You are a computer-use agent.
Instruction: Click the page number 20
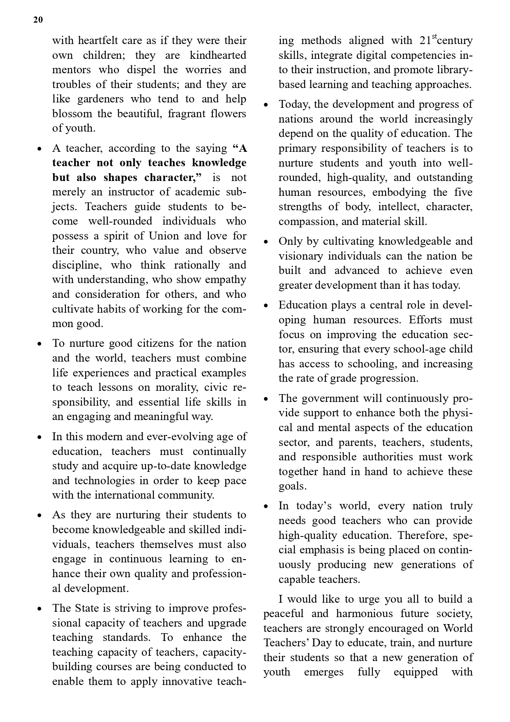[38, 20]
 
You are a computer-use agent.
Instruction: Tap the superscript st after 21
[434, 36]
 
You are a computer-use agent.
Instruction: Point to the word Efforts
[425, 320]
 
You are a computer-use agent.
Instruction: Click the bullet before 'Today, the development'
[266, 105]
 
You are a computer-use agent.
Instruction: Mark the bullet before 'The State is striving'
[39, 609]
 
